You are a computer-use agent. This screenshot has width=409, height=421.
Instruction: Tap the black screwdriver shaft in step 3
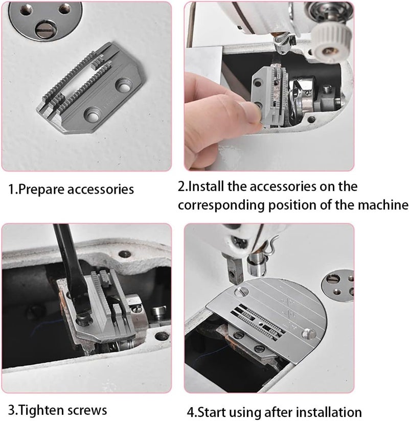pyautogui.click(x=65, y=261)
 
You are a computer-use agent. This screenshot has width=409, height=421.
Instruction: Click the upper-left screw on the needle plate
pyautogui.click(x=239, y=292)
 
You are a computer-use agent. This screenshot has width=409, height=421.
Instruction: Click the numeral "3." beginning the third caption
pyautogui.click(x=14, y=410)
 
